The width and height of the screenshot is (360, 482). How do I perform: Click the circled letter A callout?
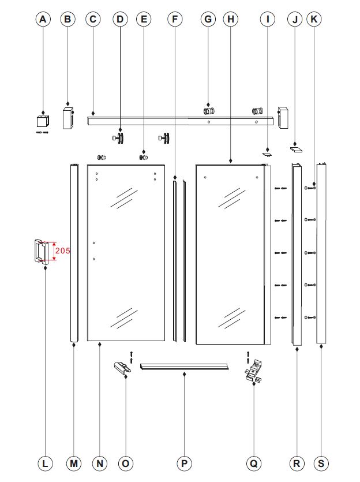(x=43, y=19)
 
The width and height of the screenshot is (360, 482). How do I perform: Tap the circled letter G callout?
(x=208, y=19)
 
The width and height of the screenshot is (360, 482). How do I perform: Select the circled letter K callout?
(x=314, y=19)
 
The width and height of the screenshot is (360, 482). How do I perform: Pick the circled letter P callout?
(x=184, y=464)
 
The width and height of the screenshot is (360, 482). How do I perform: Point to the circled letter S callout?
(x=321, y=464)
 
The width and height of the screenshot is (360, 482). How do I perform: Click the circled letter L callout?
(x=45, y=464)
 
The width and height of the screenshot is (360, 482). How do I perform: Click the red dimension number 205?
(x=63, y=251)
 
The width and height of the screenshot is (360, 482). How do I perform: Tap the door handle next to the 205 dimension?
(x=41, y=251)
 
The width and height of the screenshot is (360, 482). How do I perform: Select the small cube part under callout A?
(x=43, y=121)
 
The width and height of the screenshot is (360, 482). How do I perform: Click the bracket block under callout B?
(x=69, y=118)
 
